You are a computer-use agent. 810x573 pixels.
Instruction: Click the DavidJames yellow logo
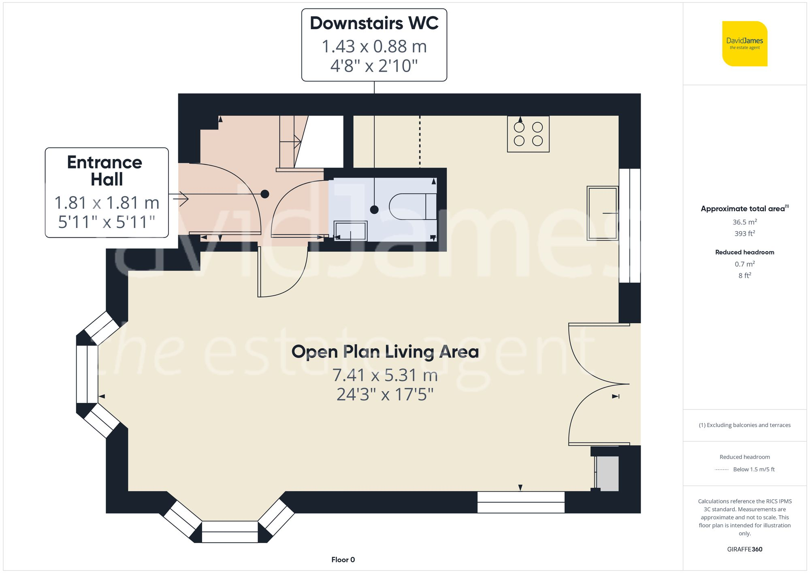pyautogui.click(x=744, y=44)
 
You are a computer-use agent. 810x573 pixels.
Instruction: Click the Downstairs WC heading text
pyautogui.click(x=374, y=23)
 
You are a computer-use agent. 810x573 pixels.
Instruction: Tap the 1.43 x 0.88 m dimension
pyautogui.click(x=374, y=47)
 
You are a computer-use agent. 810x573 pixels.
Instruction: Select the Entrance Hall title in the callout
pyautogui.click(x=105, y=170)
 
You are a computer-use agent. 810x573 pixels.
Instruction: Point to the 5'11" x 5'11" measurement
pyautogui.click(x=107, y=222)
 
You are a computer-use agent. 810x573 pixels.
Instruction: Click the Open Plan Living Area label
pyautogui.click(x=385, y=351)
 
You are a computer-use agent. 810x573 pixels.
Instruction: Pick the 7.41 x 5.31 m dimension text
pyautogui.click(x=385, y=375)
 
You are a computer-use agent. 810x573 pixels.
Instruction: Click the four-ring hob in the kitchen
pyautogui.click(x=528, y=134)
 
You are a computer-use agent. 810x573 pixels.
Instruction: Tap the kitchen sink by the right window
pyautogui.click(x=602, y=213)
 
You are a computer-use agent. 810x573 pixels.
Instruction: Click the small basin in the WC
pyautogui.click(x=350, y=231)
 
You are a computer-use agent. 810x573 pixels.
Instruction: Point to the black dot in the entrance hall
pyautogui.click(x=265, y=194)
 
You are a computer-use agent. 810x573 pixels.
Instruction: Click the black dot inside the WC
pyautogui.click(x=374, y=209)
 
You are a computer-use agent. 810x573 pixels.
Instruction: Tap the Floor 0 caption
pyautogui.click(x=343, y=560)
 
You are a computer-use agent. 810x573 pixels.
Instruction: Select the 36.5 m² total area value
pyautogui.click(x=744, y=222)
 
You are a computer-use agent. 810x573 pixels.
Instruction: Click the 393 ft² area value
pyautogui.click(x=744, y=234)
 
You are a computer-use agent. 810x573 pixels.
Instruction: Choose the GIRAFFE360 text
pyautogui.click(x=744, y=549)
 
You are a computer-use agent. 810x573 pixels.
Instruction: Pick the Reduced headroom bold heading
pyautogui.click(x=744, y=252)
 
